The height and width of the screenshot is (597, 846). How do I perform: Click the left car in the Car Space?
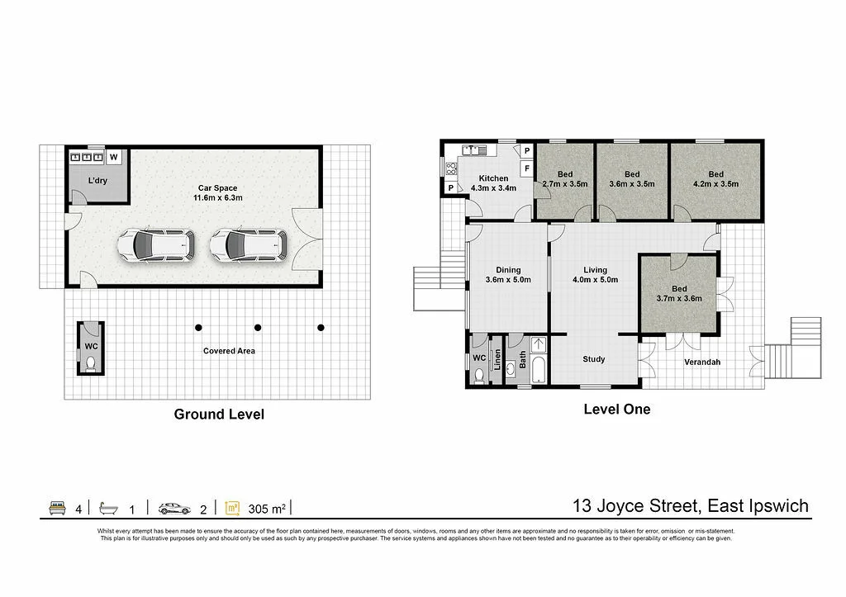(x=156, y=244)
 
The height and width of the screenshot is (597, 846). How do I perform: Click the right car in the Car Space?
(x=248, y=244)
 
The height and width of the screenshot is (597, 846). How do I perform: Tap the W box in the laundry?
(x=114, y=156)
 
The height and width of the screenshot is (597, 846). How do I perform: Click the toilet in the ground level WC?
(x=91, y=362)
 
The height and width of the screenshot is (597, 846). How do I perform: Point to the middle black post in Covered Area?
(x=258, y=328)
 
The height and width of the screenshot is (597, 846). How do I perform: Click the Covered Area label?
(x=229, y=351)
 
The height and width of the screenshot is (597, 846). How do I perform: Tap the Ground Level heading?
(x=219, y=415)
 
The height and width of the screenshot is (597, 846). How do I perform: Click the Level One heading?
(x=616, y=409)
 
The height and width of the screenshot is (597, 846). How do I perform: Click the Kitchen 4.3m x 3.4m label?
(x=493, y=183)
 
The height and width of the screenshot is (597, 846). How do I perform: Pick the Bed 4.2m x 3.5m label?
(x=715, y=179)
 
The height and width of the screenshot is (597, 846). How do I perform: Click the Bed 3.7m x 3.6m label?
(x=678, y=293)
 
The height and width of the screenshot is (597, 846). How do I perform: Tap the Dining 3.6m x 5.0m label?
(x=508, y=275)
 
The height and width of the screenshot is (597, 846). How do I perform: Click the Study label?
(x=593, y=359)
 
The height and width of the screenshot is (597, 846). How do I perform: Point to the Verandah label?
(x=702, y=362)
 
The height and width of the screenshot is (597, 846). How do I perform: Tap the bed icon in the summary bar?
(x=57, y=508)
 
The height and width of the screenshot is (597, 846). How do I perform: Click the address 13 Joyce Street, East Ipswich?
(x=692, y=505)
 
